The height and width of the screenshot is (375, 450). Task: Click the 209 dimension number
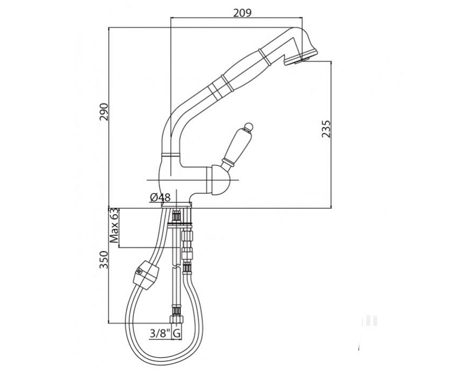[x=242, y=13]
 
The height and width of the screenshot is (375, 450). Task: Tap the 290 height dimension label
[x=104, y=112]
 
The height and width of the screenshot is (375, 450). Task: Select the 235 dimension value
[x=326, y=129]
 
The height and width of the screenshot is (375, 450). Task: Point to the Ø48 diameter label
[x=160, y=197]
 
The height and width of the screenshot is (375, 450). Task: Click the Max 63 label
[x=114, y=225]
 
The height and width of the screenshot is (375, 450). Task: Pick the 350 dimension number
[x=103, y=260]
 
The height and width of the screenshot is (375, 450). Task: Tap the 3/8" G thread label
[x=165, y=334]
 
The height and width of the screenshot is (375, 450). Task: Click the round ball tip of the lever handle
[x=249, y=126]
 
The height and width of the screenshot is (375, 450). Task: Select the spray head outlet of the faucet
[x=301, y=58]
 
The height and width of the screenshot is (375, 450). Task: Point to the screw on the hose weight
[x=139, y=272]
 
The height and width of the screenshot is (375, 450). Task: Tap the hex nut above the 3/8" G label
[x=177, y=319]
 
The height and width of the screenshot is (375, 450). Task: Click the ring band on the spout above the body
[x=171, y=154]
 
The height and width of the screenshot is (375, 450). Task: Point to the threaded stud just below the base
[x=177, y=216]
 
